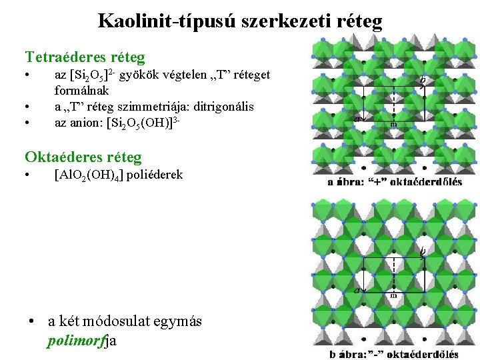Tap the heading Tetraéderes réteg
(85, 58)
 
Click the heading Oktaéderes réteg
(83, 157)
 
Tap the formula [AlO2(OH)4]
(89, 175)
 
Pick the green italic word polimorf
(77, 341)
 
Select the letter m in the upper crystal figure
(394, 125)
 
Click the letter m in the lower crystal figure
(394, 295)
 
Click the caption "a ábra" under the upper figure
(347, 181)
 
